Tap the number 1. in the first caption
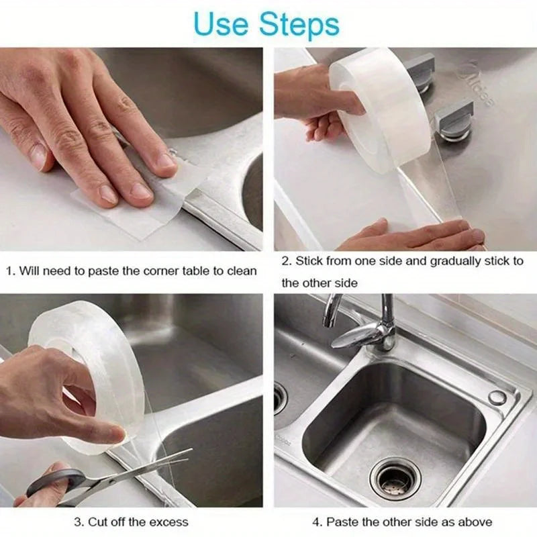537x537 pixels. [10, 271]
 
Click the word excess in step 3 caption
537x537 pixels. [168, 522]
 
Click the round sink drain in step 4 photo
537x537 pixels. [396, 479]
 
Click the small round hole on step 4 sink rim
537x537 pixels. [497, 397]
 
